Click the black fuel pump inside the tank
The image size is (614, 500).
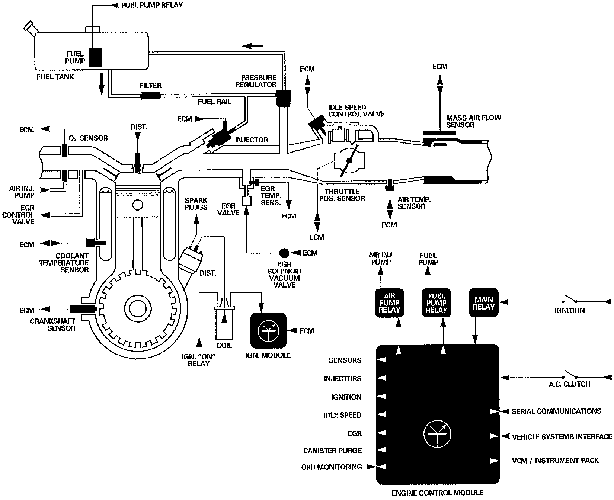[x=95, y=57]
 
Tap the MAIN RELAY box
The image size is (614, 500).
[x=484, y=303]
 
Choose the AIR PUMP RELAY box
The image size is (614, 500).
[x=389, y=303]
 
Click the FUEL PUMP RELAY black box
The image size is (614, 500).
[x=436, y=303]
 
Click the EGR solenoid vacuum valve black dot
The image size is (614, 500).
[x=284, y=253]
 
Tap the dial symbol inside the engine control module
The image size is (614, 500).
[x=437, y=434]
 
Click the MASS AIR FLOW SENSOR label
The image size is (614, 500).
[x=473, y=121]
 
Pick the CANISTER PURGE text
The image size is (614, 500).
[x=332, y=451]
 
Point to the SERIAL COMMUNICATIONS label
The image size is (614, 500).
[x=556, y=411]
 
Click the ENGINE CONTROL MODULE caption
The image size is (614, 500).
[x=437, y=493]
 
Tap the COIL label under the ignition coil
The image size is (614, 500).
[x=224, y=346]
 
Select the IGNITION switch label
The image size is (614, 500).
[x=569, y=311]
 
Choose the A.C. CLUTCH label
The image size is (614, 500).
[x=569, y=384]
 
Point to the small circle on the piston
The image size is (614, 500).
[x=137, y=205]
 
